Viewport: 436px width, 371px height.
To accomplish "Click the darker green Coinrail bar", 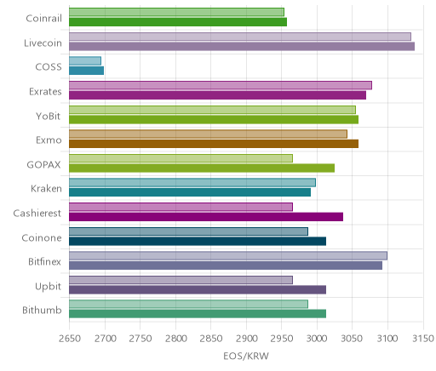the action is (178, 22).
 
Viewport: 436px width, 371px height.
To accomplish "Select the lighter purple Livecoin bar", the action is (240, 37).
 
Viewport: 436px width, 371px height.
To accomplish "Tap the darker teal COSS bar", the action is (87, 71).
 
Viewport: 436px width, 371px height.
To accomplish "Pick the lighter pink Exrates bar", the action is (221, 85).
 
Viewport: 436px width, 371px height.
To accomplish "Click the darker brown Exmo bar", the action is (214, 144).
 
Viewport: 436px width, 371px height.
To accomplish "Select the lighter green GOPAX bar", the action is (181, 158).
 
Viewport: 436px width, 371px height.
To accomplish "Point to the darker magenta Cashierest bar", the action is (206, 217).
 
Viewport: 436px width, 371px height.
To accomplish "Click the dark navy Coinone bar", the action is (198, 242).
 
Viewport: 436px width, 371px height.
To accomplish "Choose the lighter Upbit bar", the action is (181, 280).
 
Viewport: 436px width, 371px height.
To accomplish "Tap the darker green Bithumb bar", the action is (198, 314).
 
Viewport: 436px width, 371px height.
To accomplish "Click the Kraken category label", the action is (46, 189).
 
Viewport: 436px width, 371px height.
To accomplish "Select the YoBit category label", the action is (49, 116).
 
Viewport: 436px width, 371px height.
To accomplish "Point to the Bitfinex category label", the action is (44, 261).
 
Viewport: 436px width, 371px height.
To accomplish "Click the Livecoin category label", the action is (43, 43).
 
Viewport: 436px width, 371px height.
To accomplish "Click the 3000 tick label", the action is (317, 339).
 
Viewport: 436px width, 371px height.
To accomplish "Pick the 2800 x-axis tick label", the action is (175, 339).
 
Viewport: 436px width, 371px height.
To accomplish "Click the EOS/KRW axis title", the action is (246, 356).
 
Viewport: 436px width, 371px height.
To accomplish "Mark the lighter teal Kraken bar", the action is (192, 183).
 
